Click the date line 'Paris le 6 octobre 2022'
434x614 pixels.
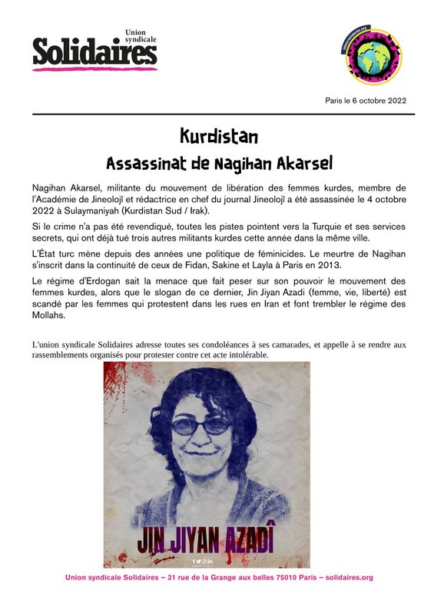point(366,101)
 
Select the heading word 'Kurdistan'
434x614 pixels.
point(218,137)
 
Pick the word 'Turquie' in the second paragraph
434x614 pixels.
point(320,228)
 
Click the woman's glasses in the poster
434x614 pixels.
point(203,425)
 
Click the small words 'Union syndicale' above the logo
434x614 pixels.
point(140,37)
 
